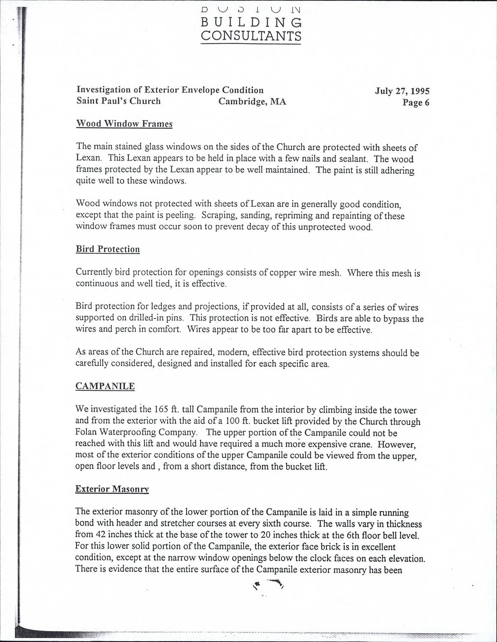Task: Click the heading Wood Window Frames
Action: pos(124,124)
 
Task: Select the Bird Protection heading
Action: pos(108,249)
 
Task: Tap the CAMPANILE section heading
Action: pos(105,386)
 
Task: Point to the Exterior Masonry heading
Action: pos(112,489)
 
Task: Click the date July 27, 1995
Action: pos(402,91)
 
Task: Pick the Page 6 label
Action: pos(416,102)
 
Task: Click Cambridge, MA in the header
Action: pos(252,101)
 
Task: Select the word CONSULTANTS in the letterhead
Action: pos(251,36)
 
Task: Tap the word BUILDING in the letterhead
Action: pos(251,22)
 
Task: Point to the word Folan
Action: pos(87,433)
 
